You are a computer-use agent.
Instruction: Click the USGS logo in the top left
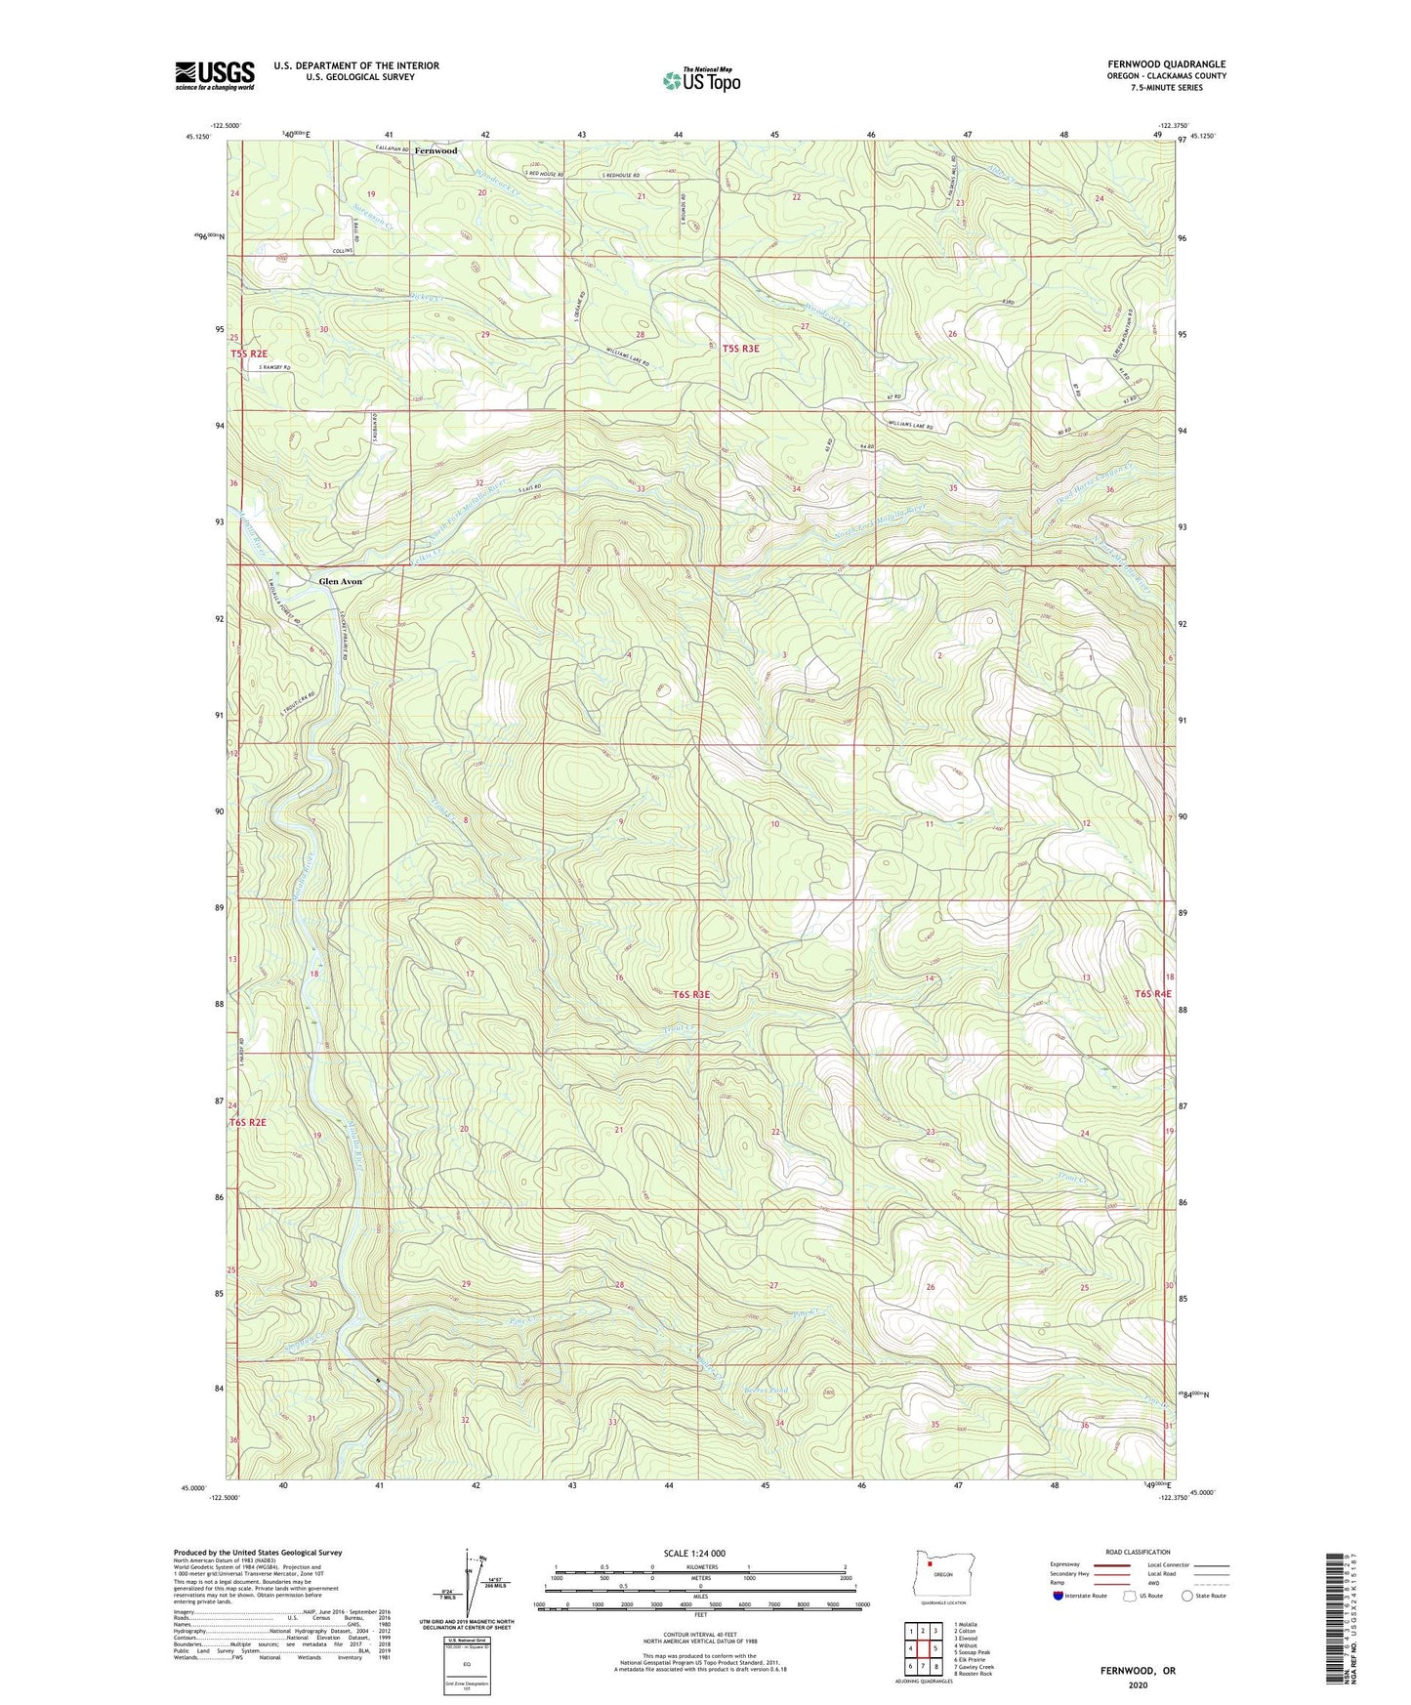[x=214, y=75]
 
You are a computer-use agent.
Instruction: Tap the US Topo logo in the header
[x=700, y=80]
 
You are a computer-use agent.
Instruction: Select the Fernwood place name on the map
[x=435, y=151]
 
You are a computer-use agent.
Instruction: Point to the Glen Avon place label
[x=340, y=582]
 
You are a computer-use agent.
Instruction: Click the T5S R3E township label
[x=740, y=348]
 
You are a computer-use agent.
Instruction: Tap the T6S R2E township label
[x=248, y=1123]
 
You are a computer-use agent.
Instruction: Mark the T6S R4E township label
[x=1152, y=994]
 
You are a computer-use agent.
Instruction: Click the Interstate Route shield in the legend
[x=1059, y=1596]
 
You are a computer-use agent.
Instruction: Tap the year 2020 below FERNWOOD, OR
[x=1138, y=1684]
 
